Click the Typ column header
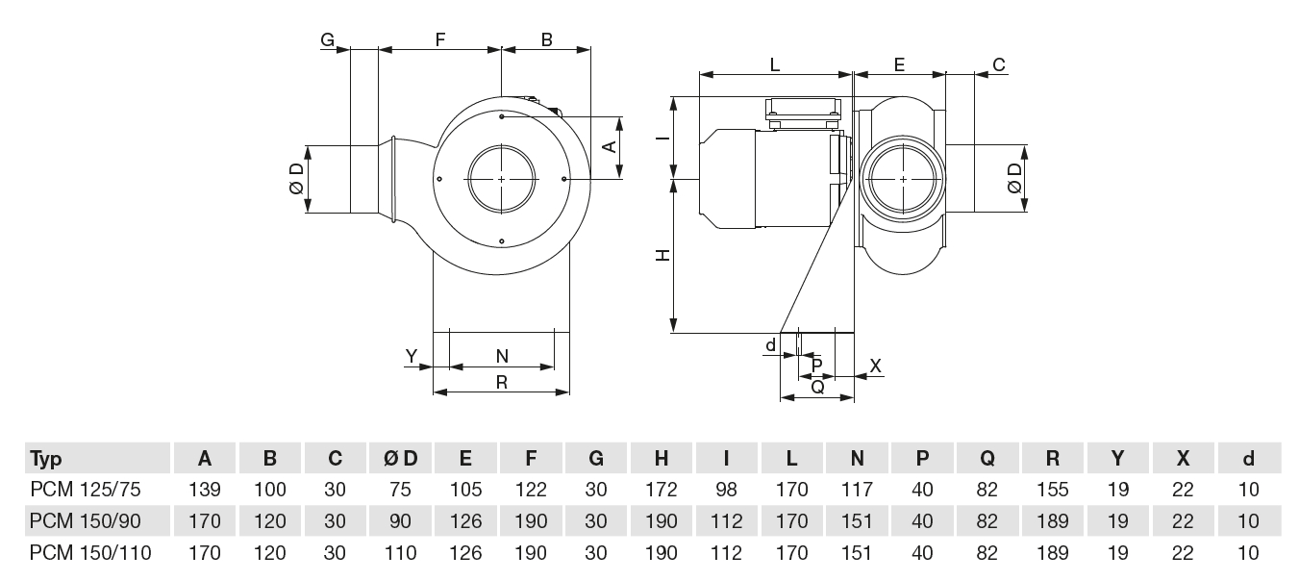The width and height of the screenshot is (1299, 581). (x=46, y=458)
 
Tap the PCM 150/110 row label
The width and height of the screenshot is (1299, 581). (x=89, y=553)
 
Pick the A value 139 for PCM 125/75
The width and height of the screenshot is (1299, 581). (x=205, y=490)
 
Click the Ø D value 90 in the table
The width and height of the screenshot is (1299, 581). (x=401, y=521)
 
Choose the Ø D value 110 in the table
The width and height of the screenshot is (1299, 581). (x=401, y=553)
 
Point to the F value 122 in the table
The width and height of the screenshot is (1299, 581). (x=532, y=490)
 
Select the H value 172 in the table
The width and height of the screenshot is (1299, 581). (x=662, y=490)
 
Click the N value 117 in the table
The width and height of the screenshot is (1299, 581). (x=857, y=490)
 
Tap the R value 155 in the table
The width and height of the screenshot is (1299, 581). (x=1053, y=490)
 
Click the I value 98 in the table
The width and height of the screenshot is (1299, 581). (x=728, y=490)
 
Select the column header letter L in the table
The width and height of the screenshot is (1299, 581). (x=792, y=458)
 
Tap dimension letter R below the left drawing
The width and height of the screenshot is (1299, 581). (x=502, y=381)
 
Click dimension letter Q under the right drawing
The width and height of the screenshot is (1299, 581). (x=817, y=387)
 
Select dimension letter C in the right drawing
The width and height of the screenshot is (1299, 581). (x=999, y=64)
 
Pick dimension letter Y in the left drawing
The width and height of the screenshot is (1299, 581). (x=412, y=356)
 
